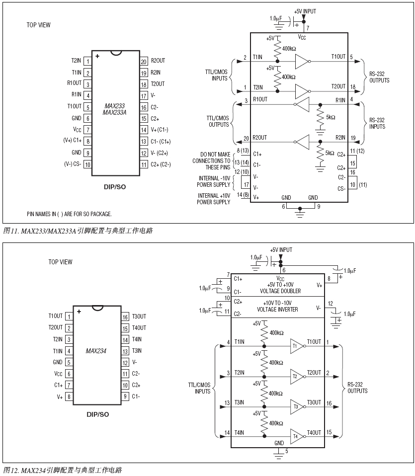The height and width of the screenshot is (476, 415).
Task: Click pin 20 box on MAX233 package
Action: pos(143,61)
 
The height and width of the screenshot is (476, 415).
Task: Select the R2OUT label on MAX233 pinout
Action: pos(158,61)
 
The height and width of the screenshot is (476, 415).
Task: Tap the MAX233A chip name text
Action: pos(114,113)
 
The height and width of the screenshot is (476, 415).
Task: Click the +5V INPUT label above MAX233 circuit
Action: pos(305,11)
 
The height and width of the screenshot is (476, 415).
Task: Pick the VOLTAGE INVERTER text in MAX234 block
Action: pos(277,310)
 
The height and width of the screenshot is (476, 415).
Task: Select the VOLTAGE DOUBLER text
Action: pos(277,291)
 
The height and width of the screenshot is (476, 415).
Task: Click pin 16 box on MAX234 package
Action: pos(125,317)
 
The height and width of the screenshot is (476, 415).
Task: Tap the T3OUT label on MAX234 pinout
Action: pos(139,317)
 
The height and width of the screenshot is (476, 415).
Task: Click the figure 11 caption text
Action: pos(78,231)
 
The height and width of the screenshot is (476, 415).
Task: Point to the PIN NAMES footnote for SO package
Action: pos(69,214)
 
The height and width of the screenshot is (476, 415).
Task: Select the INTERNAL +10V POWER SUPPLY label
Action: pos(214,199)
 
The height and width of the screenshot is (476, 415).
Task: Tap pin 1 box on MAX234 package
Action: pos(68,316)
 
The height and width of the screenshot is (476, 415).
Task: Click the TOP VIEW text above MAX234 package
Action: pos(60,262)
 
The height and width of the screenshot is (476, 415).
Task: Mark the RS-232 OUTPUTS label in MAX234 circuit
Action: pos(358,388)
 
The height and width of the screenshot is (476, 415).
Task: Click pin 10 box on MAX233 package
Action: pos(88,164)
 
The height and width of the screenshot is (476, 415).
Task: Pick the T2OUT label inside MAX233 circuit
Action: pos(338,86)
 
